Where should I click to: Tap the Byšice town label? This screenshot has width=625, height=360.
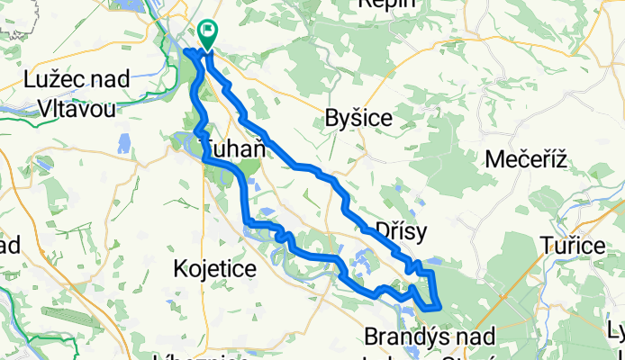(x=358, y=120)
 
